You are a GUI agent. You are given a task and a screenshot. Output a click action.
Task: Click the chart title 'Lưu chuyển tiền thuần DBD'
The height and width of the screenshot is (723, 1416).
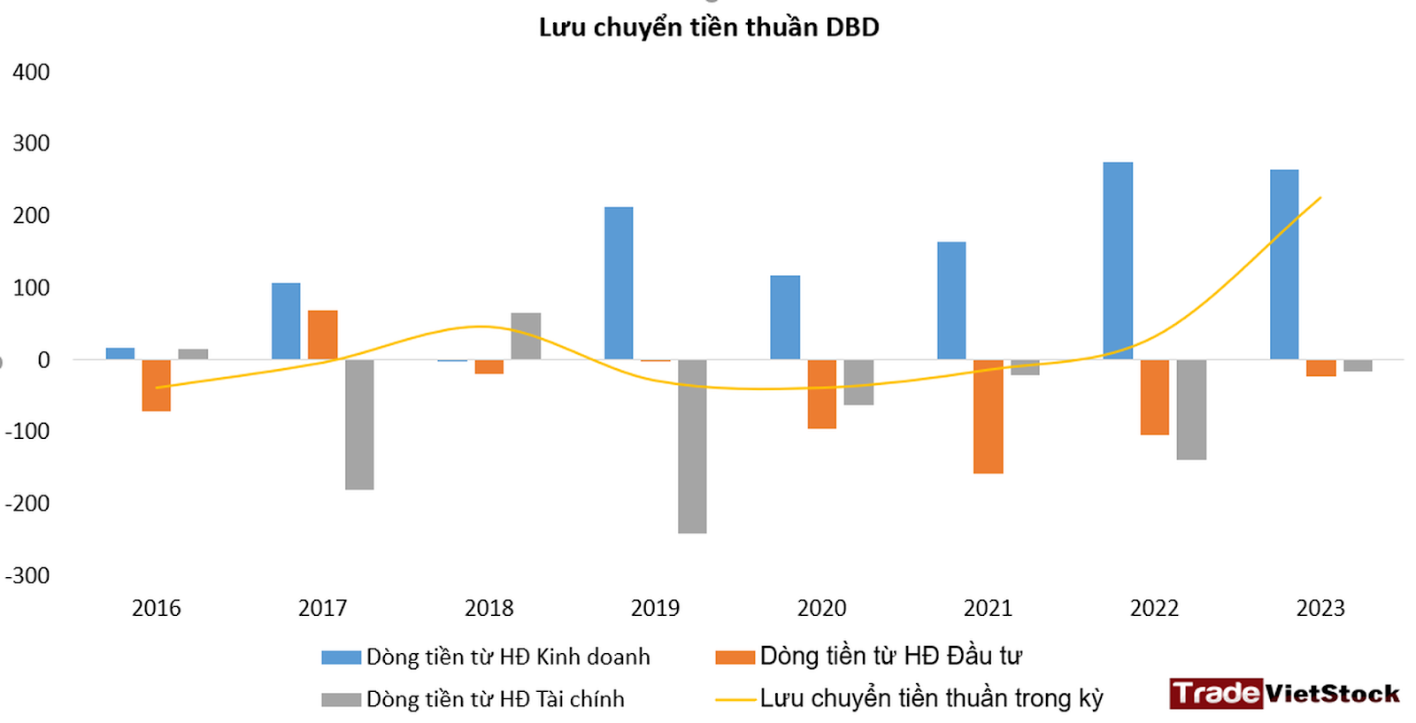coord(708,27)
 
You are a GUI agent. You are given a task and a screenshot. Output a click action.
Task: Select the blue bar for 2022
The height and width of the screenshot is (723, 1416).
coord(1118,261)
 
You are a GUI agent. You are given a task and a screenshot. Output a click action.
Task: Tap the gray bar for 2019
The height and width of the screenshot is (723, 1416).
coord(692,446)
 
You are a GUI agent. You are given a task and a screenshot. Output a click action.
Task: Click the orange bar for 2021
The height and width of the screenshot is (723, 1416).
coord(988,416)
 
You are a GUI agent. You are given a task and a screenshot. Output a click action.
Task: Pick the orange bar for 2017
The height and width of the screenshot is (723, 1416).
coord(323,335)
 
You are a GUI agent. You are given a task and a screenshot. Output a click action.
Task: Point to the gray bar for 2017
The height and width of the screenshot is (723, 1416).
coord(359,424)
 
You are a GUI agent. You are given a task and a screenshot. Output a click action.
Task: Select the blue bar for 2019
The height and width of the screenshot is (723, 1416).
coord(619,283)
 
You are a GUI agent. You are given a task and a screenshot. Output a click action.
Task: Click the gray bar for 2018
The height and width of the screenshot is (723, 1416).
coord(526,336)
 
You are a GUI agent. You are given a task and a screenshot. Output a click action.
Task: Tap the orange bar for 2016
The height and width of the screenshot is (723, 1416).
coord(157,385)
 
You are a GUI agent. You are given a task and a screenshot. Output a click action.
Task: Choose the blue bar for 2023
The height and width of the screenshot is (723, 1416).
coord(1284,265)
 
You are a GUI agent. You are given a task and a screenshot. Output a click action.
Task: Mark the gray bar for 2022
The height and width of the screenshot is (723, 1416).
coord(1191,409)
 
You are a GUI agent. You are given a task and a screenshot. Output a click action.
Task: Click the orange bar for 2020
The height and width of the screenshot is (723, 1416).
coord(821,394)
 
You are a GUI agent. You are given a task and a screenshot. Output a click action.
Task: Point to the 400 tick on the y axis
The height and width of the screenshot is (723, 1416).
coord(31,73)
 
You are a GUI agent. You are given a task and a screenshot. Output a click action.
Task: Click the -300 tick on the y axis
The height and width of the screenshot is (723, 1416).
coord(27,575)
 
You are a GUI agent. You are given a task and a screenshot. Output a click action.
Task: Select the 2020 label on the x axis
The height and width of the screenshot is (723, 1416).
coord(821,608)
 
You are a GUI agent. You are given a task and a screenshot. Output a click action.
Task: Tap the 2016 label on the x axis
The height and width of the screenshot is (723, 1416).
coord(157,608)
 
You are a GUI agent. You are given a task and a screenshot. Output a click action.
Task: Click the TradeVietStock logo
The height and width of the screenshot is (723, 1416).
coord(1284,693)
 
